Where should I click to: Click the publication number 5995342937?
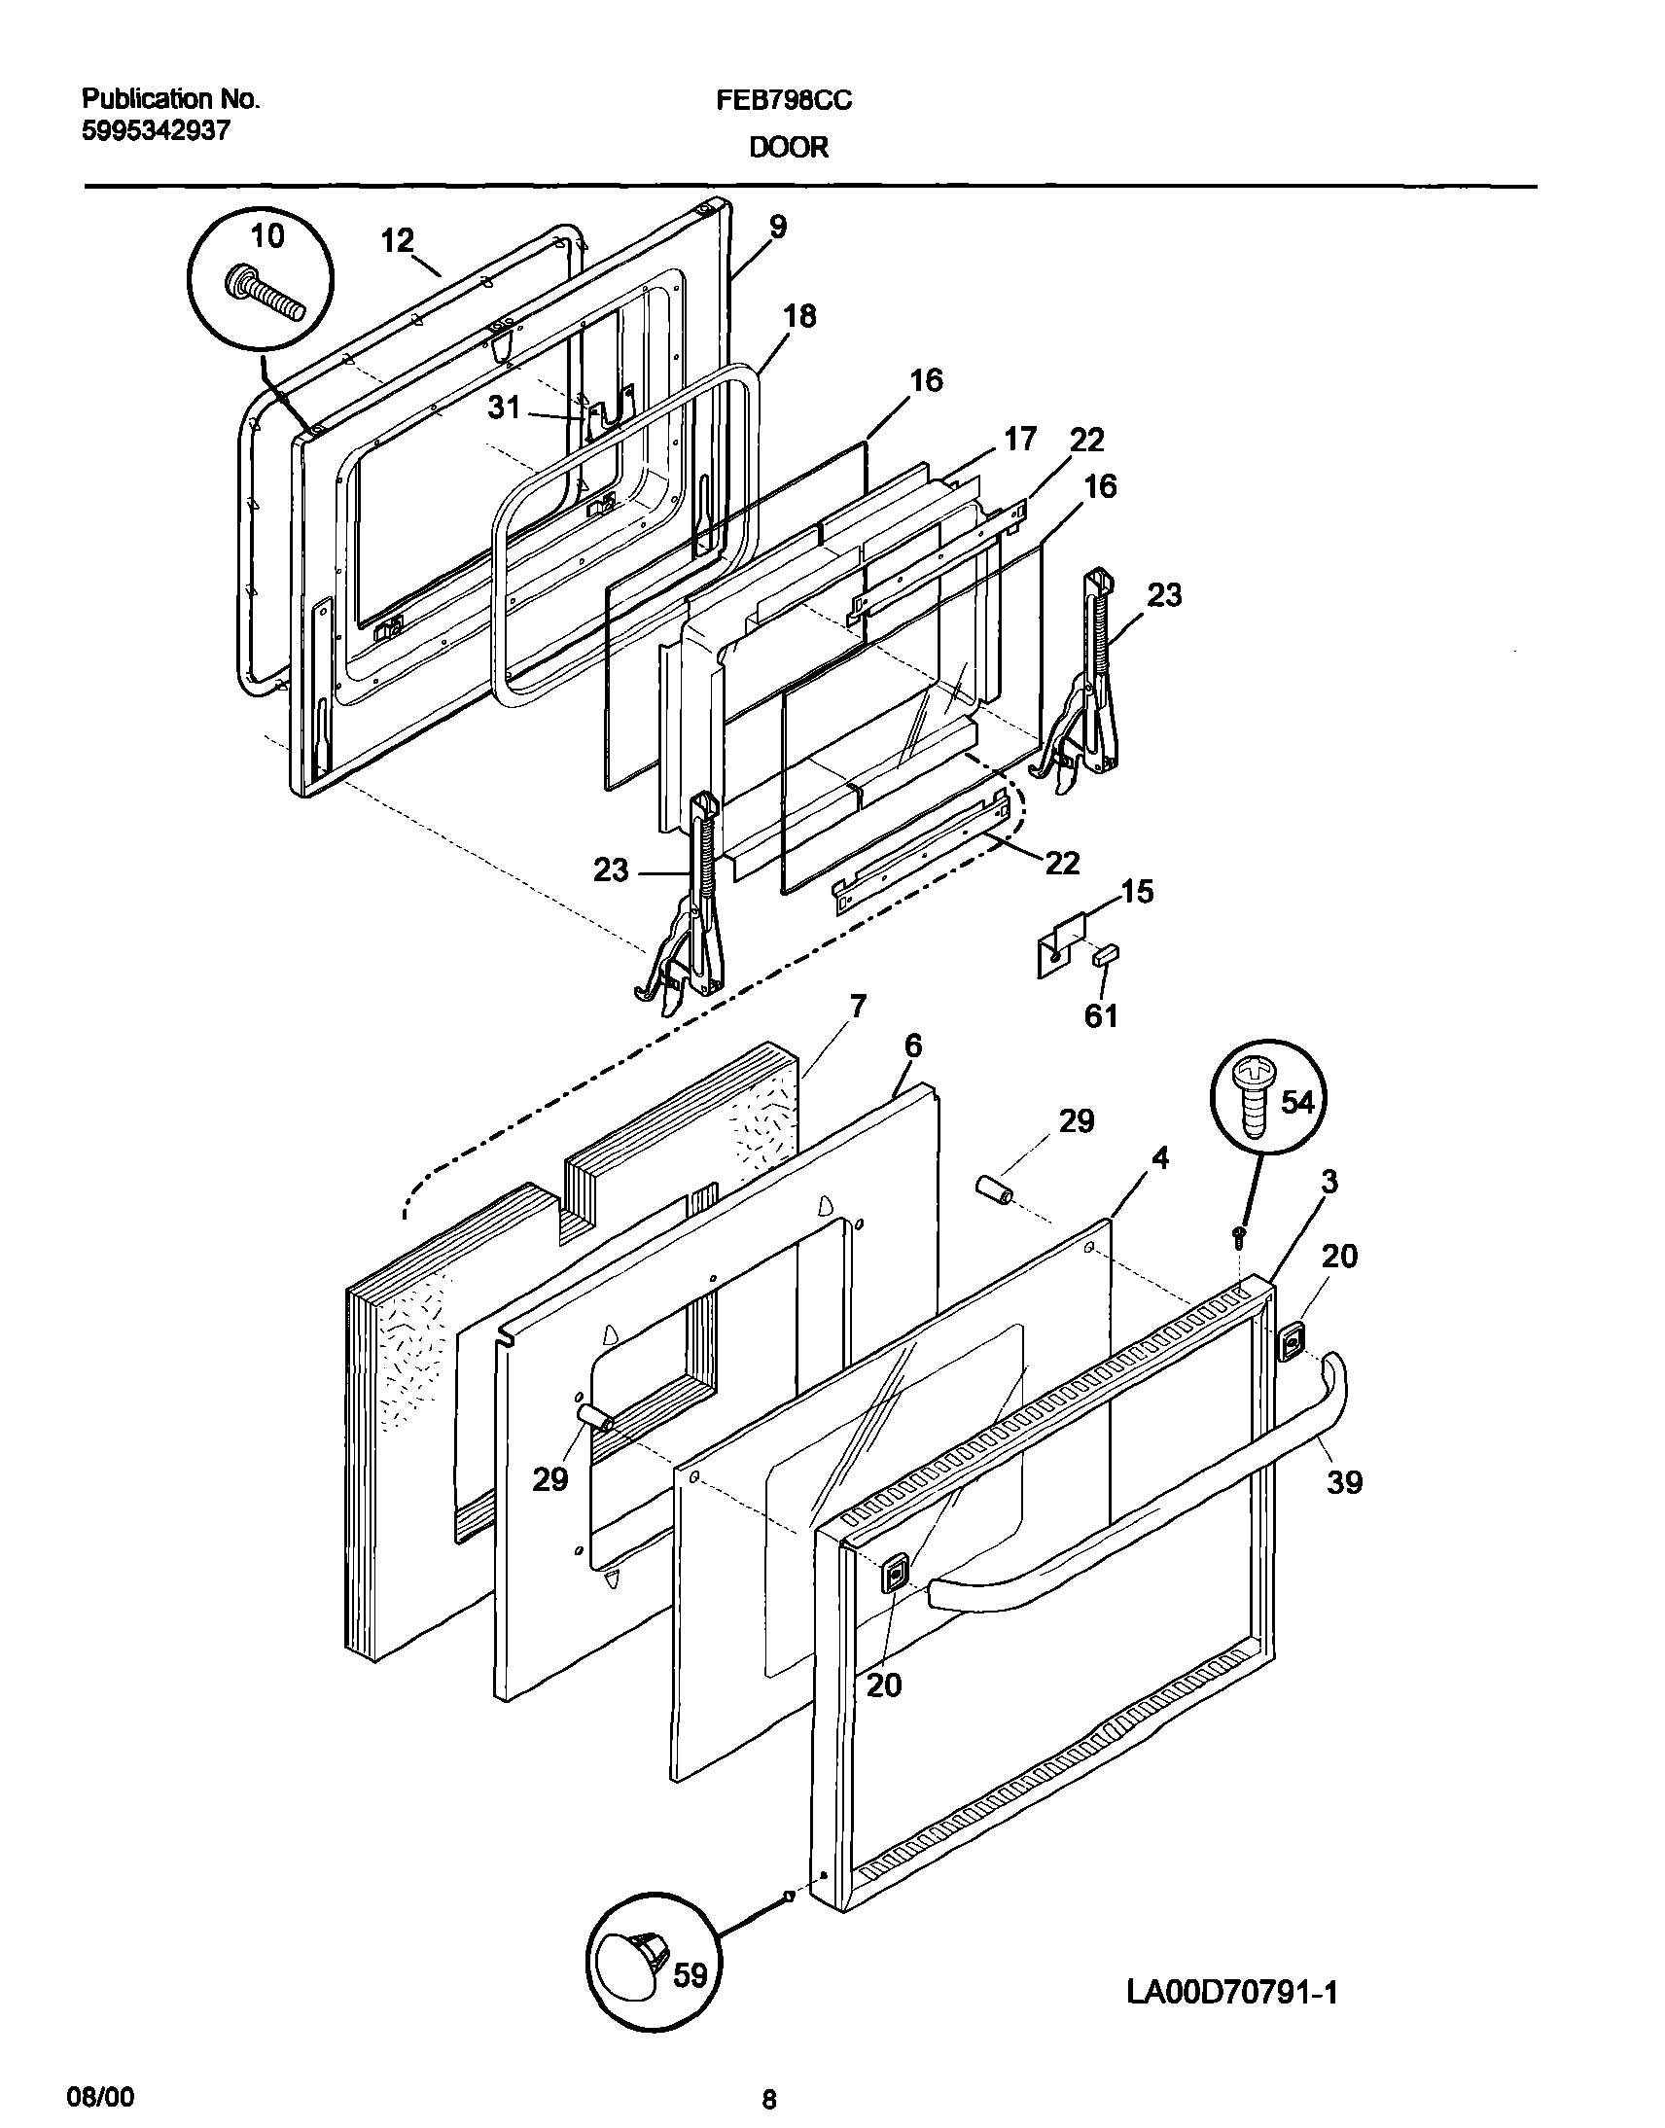[x=156, y=130]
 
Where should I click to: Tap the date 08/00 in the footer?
[x=100, y=2092]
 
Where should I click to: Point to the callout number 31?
[x=504, y=408]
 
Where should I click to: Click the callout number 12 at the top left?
[x=397, y=240]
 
